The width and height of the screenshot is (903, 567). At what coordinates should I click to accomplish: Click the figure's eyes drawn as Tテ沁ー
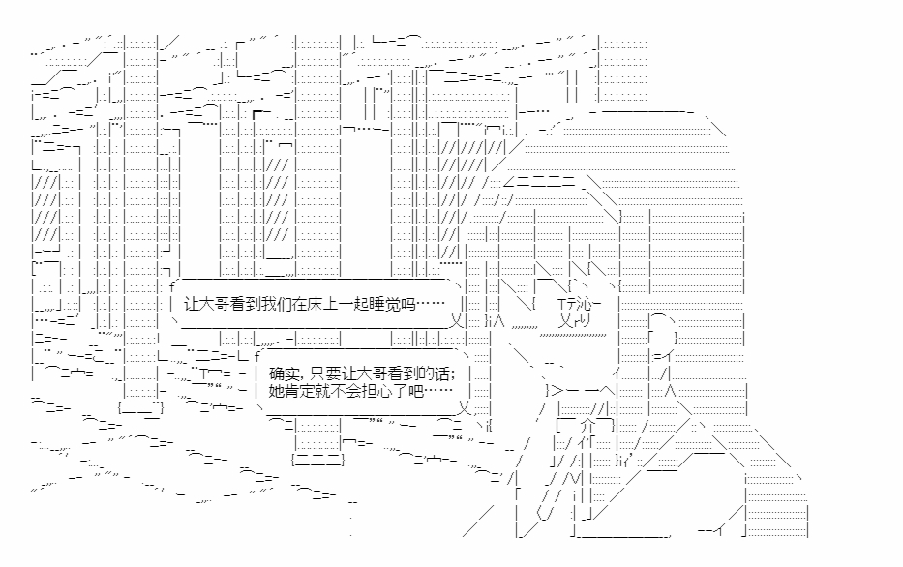(580, 304)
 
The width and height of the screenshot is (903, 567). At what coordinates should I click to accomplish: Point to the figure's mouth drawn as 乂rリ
(575, 320)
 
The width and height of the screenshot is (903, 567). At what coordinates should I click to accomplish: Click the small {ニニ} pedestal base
(141, 407)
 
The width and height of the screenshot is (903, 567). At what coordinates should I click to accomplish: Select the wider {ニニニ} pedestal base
(317, 460)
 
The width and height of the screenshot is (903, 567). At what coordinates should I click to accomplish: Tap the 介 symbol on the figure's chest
(587, 426)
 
